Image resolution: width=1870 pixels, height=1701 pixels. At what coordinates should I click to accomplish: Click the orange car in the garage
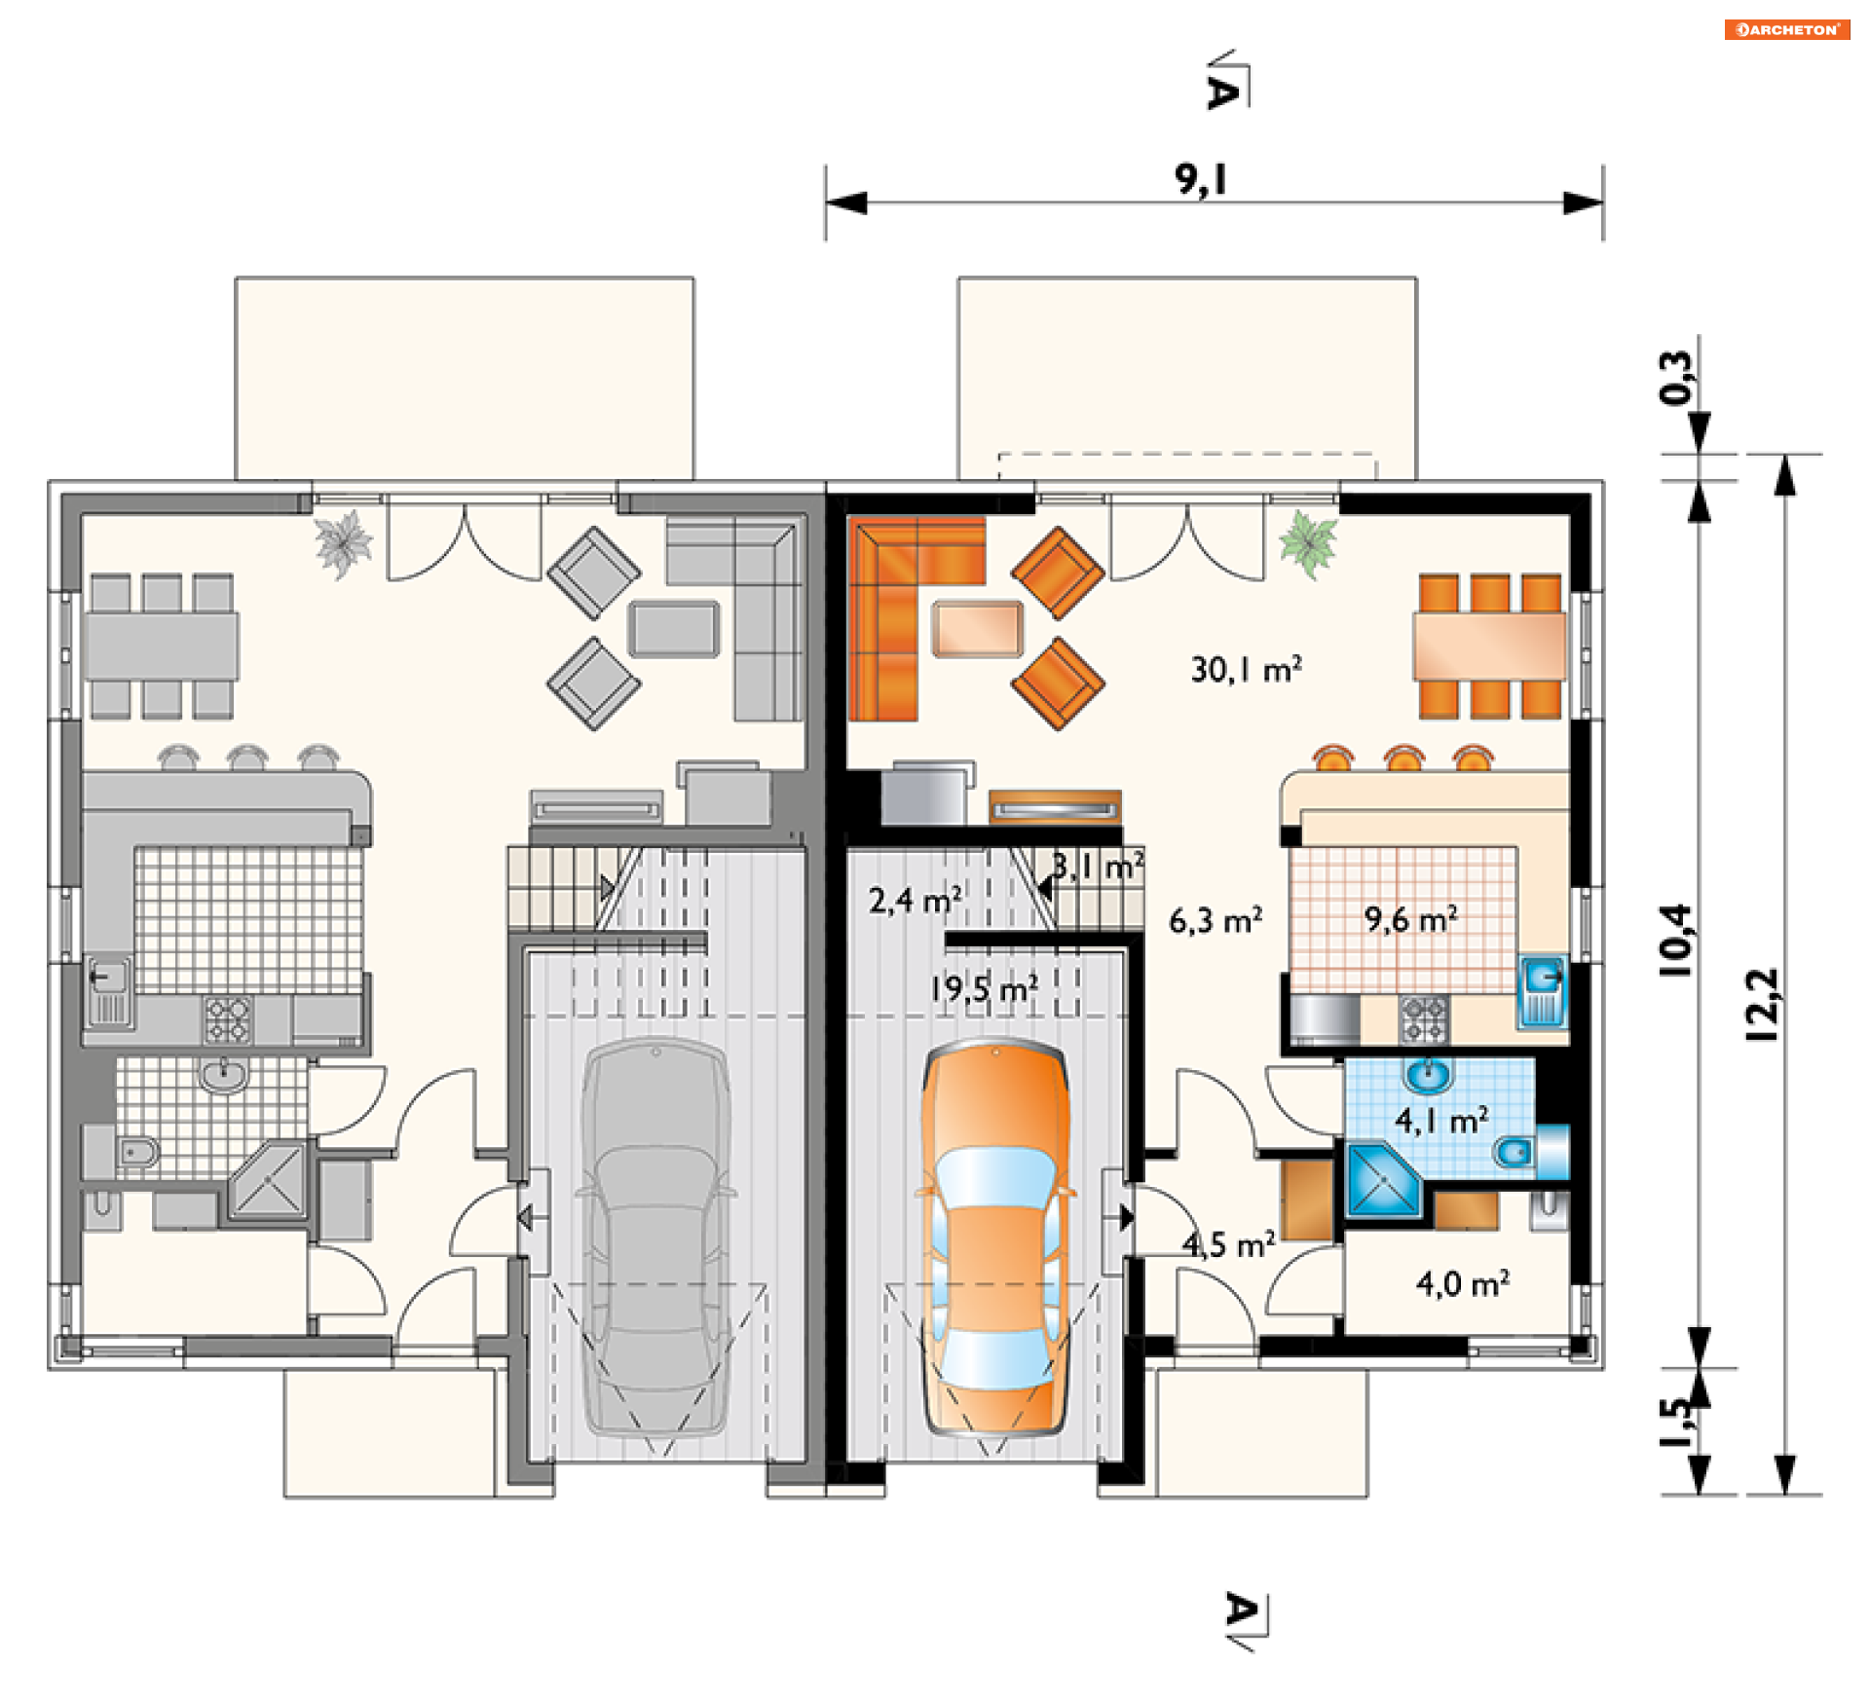[x=995, y=1237]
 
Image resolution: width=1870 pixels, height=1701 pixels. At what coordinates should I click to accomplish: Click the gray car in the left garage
[x=655, y=1237]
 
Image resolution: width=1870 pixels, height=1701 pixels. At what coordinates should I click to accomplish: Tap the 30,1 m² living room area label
[x=1246, y=669]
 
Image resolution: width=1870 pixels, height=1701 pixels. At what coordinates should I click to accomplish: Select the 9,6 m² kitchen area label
[x=1410, y=918]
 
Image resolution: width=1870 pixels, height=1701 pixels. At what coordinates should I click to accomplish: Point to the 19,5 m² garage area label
[x=984, y=988]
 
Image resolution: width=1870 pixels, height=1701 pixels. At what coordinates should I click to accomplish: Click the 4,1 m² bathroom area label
[x=1441, y=1121]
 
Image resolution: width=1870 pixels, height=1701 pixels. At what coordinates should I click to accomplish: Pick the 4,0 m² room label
[x=1463, y=1284]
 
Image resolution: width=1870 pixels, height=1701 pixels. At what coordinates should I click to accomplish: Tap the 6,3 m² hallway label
[x=1215, y=920]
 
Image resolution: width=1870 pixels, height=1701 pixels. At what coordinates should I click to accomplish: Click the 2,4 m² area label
[x=916, y=900]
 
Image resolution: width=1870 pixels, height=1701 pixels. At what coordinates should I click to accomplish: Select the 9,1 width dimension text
[x=1201, y=179]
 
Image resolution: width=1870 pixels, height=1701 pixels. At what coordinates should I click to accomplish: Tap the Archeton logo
[x=1786, y=29]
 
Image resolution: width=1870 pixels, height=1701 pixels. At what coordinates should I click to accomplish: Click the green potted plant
[x=1308, y=542]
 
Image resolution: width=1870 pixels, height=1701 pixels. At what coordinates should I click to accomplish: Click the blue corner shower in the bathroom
[x=1384, y=1181]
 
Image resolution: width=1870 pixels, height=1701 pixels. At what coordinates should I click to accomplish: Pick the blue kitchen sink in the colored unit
[x=1543, y=991]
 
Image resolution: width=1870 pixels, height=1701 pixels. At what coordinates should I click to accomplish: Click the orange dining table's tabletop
[x=1489, y=646]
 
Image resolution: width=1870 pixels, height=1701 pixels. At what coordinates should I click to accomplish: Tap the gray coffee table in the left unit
[x=674, y=629]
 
